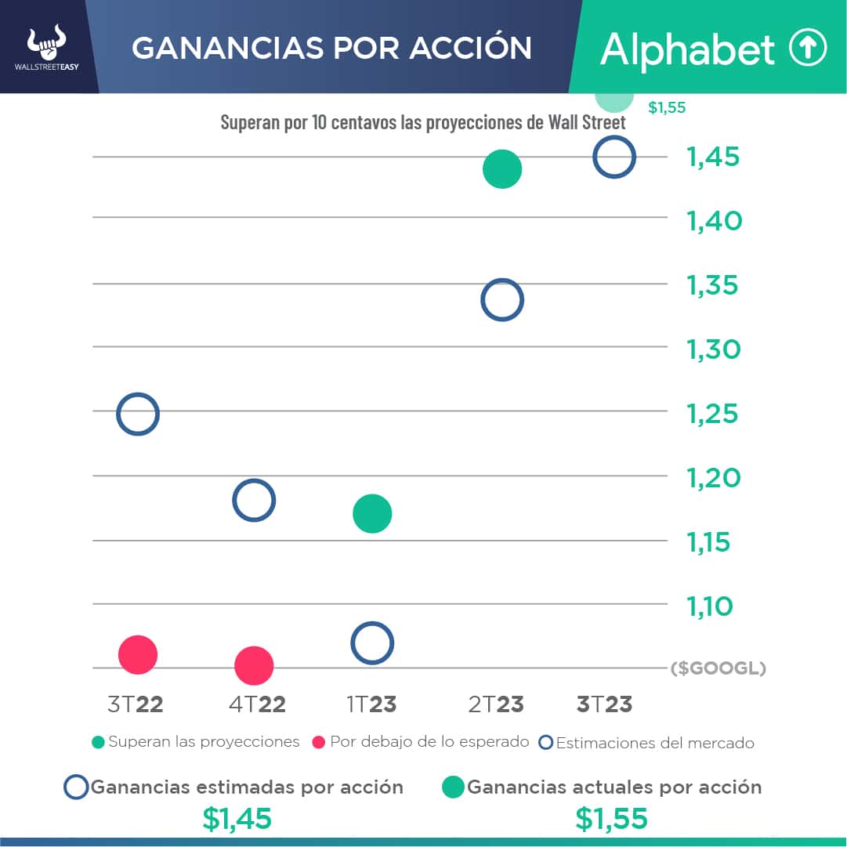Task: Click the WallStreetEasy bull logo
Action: click(46, 45)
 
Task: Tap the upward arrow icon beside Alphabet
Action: click(807, 49)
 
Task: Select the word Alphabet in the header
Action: click(687, 50)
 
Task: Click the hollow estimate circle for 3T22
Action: click(138, 414)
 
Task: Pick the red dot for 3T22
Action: click(138, 654)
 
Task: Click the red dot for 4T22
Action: click(254, 666)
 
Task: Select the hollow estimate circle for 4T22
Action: click(254, 501)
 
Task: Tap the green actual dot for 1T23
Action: click(372, 514)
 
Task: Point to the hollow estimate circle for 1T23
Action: click(372, 643)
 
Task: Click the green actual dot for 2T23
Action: click(502, 169)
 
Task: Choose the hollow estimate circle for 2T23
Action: click(502, 300)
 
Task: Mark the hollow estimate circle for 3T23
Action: click(614, 157)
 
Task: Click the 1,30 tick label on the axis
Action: click(714, 349)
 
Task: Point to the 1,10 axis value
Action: click(710, 606)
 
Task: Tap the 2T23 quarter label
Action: click(496, 704)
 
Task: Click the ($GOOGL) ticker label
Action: click(718, 668)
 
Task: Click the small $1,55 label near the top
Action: click(667, 108)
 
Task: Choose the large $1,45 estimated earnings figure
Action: click(237, 819)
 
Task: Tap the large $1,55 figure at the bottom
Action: click(612, 819)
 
